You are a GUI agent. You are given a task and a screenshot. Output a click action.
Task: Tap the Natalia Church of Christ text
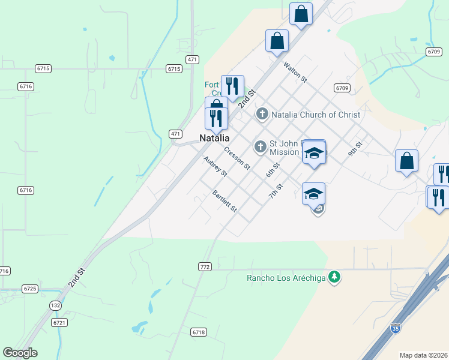pos(316,115)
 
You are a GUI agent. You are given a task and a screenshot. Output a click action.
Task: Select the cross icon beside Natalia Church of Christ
pos(262,114)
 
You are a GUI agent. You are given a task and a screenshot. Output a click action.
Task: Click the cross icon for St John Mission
pos(261,146)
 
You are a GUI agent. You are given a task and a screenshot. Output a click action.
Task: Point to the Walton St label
pos(295,71)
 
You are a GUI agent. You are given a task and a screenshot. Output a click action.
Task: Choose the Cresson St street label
pos(237,158)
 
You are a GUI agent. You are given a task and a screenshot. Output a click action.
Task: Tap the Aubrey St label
pos(215,167)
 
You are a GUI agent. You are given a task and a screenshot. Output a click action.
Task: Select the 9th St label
pos(356,149)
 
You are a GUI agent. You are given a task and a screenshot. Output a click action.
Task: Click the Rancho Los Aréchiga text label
pos(286,277)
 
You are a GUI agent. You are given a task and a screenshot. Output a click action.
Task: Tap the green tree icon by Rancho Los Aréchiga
pos(335,277)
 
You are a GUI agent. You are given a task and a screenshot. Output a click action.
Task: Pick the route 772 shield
pos(205,266)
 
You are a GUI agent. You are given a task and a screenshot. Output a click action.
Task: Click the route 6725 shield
pos(29,289)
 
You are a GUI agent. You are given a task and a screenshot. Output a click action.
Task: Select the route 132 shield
pos(55,305)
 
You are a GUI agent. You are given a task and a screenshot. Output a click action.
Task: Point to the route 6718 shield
pos(199,332)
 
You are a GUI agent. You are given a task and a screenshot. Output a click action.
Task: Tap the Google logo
pos(20,352)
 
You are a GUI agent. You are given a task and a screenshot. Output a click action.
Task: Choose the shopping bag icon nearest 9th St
pos(406,161)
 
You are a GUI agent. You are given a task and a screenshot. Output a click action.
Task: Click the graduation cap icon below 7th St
pos(313,194)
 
